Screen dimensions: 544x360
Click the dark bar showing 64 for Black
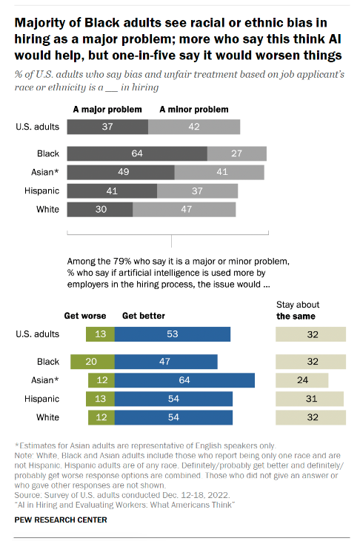point(136,154)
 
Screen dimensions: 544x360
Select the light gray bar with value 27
point(236,154)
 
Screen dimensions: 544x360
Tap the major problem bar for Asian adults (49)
point(120,173)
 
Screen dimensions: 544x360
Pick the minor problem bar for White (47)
point(184,210)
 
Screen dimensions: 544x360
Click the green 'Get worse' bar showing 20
point(90,362)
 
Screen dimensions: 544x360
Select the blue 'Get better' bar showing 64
point(184,380)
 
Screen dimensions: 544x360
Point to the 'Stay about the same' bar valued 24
point(301,380)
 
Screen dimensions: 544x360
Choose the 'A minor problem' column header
point(195,109)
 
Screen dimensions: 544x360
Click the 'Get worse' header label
point(84,315)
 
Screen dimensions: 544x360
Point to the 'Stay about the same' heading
point(298,310)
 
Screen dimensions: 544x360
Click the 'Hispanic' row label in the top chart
point(42,191)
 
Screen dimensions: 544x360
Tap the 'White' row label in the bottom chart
point(48,418)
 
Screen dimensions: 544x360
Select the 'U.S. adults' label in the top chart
point(36,127)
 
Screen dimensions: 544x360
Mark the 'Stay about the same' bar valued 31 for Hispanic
point(310,399)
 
